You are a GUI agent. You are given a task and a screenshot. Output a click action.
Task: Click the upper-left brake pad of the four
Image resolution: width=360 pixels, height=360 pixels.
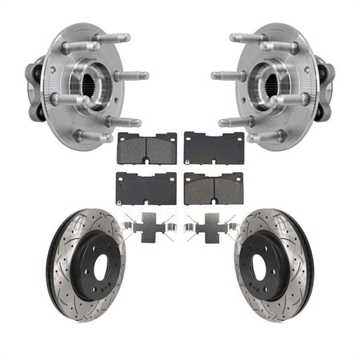[x=147, y=147]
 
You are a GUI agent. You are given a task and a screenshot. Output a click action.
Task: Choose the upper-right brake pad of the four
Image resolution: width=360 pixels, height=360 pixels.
[x=212, y=147]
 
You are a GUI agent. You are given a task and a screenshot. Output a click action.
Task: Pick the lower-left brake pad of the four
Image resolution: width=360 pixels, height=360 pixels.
[x=147, y=187]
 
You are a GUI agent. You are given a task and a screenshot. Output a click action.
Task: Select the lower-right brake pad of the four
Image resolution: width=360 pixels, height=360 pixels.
[x=212, y=187]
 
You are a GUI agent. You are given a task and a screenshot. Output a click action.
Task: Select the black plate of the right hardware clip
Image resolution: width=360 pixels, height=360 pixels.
[x=210, y=230]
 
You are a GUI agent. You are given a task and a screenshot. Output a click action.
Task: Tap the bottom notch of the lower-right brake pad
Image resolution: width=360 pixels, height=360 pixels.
[x=212, y=202]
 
